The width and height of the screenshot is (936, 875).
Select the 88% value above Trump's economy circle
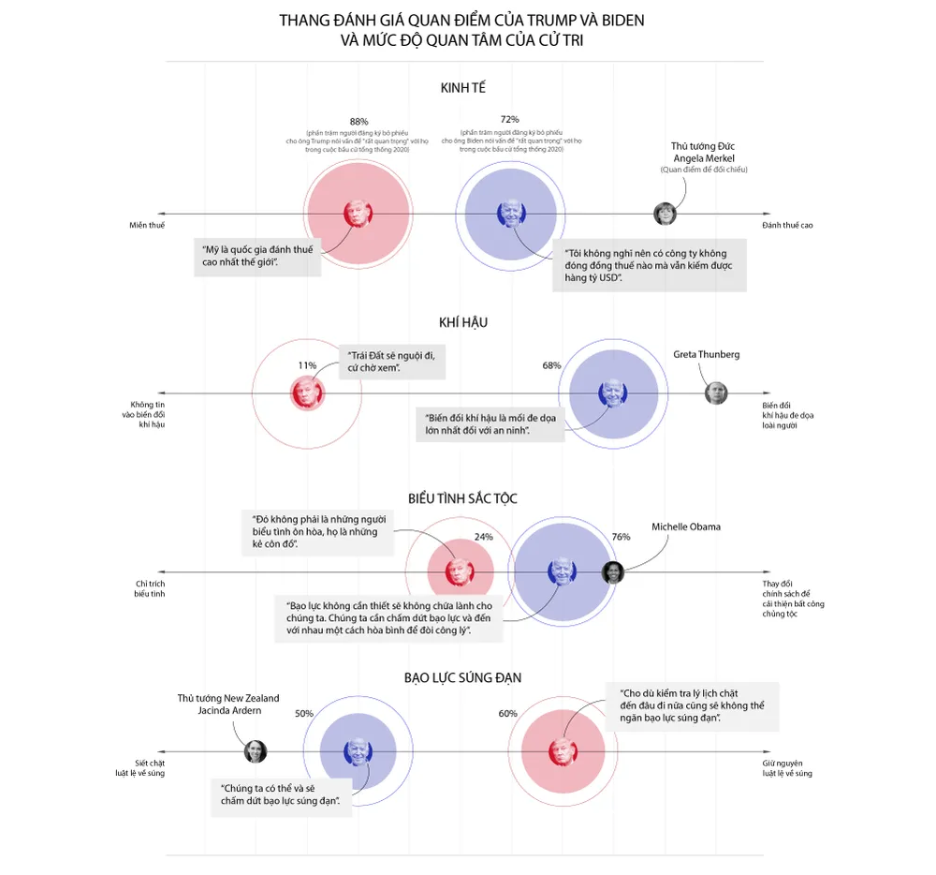tap(358, 121)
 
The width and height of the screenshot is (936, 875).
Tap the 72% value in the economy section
tap(510, 119)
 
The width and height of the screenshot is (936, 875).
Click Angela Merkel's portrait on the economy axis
tap(665, 214)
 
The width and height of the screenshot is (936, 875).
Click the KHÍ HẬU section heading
tap(463, 322)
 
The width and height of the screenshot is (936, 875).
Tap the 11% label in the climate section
tap(307, 365)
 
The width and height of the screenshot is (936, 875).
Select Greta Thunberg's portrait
tap(716, 393)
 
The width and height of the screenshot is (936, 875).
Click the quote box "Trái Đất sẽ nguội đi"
tap(390, 362)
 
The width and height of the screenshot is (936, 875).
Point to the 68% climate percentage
tap(551, 365)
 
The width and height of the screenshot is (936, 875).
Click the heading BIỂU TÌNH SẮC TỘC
tap(462, 498)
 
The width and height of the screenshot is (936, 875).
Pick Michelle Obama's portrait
tap(612, 572)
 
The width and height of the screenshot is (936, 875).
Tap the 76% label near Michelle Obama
tap(621, 537)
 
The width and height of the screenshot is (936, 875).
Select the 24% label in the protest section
tap(483, 537)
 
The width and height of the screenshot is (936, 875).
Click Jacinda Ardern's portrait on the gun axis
tap(255, 751)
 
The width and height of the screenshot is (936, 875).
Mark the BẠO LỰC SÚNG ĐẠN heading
tap(462, 677)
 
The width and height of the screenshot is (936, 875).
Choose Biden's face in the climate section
tap(612, 393)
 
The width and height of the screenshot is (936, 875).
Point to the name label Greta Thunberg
tap(707, 354)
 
